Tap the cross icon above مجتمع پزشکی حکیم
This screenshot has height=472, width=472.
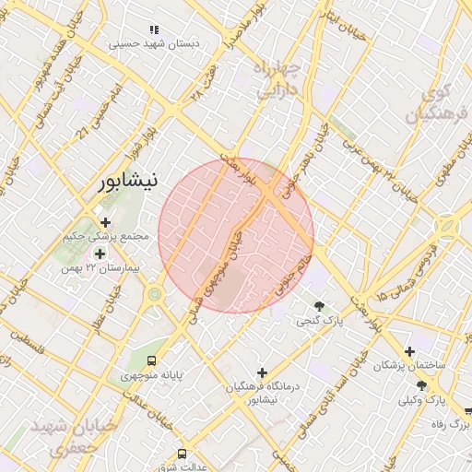pyautogui.click(x=105, y=222)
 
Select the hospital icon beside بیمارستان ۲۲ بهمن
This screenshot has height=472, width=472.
pyautogui.click(x=100, y=253)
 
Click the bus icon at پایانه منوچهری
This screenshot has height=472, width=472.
pyautogui.click(x=152, y=360)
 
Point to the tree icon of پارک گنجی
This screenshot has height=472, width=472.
pyautogui.click(x=320, y=306)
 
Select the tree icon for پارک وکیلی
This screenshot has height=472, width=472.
pyautogui.click(x=421, y=385)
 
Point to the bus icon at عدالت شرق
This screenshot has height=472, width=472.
pyautogui.click(x=182, y=454)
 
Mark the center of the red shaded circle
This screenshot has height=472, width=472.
pyautogui.click(x=236, y=235)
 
